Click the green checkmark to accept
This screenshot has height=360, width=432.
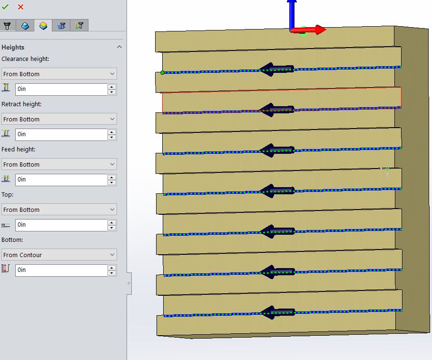5,7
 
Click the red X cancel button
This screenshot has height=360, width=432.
20,7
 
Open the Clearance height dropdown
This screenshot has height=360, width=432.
59,74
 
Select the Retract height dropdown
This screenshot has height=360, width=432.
59,119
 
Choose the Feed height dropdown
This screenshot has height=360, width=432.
59,164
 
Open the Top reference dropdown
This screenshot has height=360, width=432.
59,210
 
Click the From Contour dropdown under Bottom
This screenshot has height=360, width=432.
59,255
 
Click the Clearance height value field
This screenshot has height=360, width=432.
61,89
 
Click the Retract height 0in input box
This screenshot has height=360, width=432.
61,134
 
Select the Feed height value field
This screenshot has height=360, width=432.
61,180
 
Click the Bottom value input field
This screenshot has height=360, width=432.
61,270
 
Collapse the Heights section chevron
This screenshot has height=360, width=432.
119,47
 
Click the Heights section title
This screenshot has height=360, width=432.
13,47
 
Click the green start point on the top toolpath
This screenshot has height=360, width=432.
163,73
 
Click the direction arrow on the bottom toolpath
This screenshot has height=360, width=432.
278,312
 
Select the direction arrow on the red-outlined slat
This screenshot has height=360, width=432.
277,110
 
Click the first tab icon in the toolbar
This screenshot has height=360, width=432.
7,26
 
